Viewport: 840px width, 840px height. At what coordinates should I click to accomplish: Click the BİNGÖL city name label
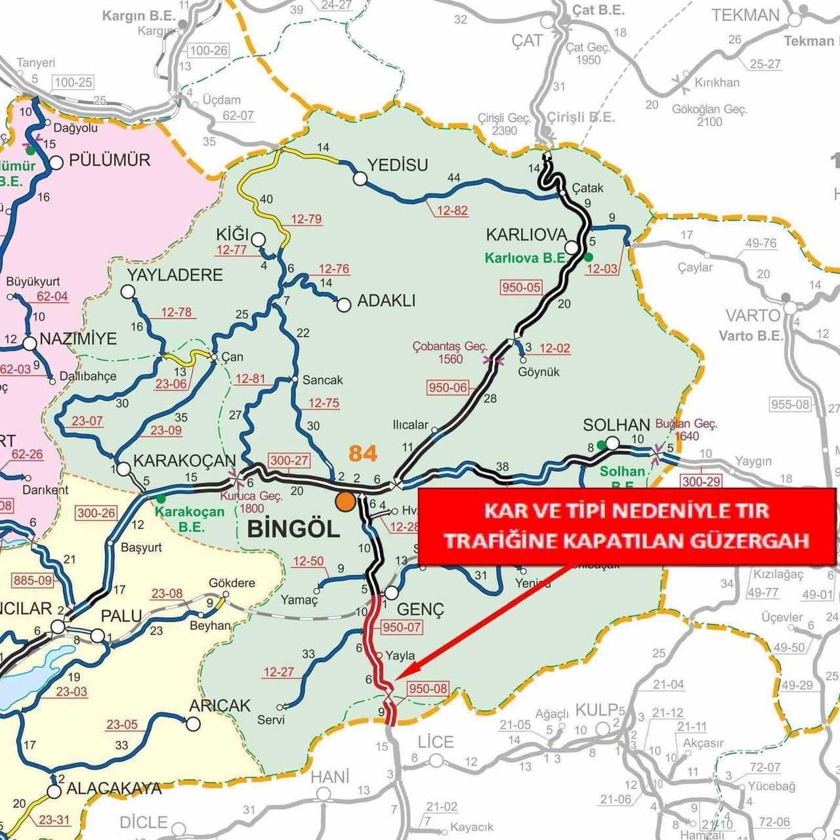point(293,529)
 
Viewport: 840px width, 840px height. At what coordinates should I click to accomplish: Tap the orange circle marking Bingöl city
point(345,502)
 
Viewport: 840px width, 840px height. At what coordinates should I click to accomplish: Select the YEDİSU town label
point(398,165)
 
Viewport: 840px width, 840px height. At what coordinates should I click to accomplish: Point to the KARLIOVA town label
point(526,235)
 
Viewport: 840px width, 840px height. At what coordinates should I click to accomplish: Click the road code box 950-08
point(427,688)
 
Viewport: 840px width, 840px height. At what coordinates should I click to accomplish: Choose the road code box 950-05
point(521,287)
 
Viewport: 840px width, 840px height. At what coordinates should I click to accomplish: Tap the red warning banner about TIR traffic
point(626,526)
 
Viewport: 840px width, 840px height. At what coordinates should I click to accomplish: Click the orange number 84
point(363,453)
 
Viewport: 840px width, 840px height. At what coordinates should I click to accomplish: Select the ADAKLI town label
point(386,301)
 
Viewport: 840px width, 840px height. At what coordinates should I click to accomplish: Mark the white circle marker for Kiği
point(258,240)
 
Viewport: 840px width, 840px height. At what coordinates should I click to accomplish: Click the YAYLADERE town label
point(175,274)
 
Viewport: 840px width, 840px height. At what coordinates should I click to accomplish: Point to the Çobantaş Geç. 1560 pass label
point(450,352)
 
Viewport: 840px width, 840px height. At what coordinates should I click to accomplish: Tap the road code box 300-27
point(289,460)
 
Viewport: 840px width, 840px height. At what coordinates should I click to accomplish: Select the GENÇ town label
point(420,610)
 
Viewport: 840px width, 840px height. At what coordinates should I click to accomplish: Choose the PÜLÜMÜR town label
point(109,160)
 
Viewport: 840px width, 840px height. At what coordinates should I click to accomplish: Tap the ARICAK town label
point(220,705)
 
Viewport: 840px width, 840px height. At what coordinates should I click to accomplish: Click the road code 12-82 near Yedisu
point(452,211)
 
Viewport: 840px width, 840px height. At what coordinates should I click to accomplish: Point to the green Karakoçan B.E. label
point(190,518)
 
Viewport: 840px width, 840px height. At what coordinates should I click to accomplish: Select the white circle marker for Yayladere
point(128,291)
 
